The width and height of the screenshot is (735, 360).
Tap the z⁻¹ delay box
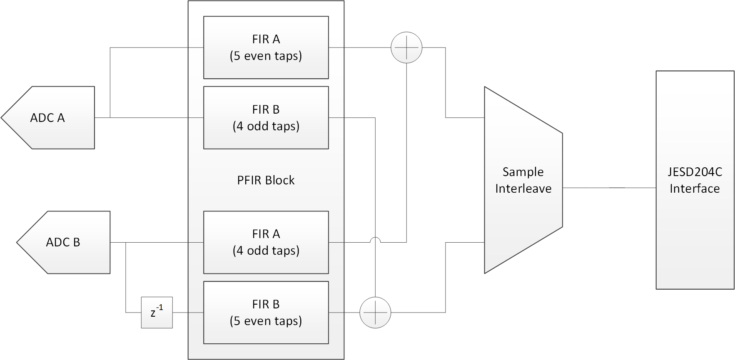pos(157,313)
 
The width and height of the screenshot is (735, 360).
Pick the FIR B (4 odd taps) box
pos(266,118)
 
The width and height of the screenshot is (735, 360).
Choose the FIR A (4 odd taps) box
pos(266,242)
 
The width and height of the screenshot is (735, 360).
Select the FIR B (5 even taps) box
pos(266,313)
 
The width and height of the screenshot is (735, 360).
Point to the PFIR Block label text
pos(266,180)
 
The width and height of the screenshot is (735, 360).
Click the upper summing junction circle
pos(406,47)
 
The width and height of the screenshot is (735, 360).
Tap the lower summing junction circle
pos(375,313)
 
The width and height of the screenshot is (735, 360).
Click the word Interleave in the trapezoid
pos(523,189)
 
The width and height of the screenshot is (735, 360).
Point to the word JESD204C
pos(695,172)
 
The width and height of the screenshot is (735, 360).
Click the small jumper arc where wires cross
pos(375,239)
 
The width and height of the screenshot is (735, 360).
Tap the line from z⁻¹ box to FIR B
pos(187,313)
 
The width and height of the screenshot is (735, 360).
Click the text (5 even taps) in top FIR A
pos(266,56)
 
